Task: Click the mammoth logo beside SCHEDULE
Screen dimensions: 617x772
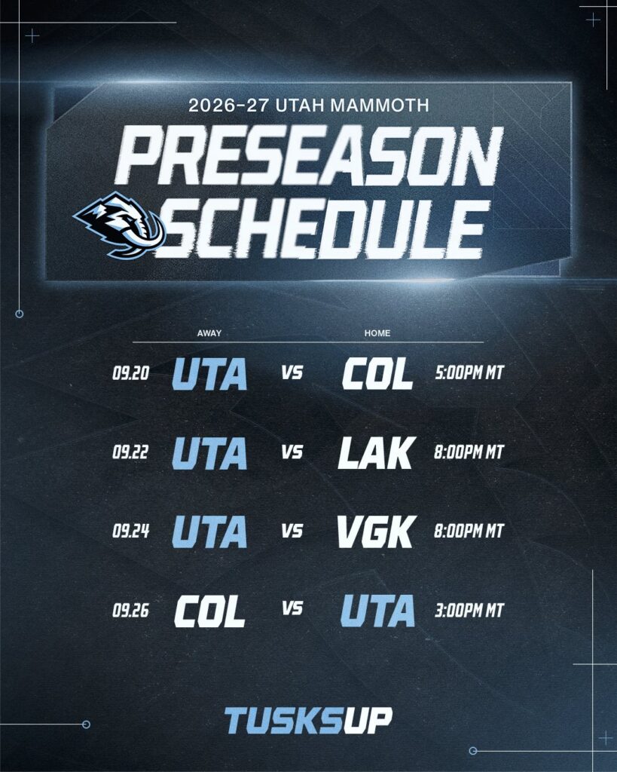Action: tap(119, 225)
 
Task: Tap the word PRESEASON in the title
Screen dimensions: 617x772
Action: tap(309, 155)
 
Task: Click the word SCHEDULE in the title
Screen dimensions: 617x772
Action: tap(322, 230)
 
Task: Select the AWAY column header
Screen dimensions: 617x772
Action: tap(209, 333)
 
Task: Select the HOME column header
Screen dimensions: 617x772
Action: tap(377, 333)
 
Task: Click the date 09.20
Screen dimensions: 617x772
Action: tap(131, 373)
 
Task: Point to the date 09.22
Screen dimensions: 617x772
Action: tap(130, 452)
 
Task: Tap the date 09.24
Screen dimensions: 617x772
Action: tap(131, 531)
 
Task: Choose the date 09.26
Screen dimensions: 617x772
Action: tap(131, 611)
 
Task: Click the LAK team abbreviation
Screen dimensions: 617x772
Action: tap(377, 452)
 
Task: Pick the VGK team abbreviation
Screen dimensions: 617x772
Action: tap(377, 532)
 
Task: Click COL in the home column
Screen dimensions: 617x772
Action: tap(377, 373)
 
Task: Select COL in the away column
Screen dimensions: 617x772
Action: tap(209, 611)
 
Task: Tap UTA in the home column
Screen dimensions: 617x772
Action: tap(377, 611)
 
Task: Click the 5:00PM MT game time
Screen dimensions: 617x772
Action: tap(469, 373)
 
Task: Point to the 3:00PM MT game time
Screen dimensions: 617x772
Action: tap(469, 611)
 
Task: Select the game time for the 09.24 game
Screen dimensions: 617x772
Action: tap(469, 531)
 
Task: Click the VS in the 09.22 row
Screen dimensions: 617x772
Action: tap(292, 452)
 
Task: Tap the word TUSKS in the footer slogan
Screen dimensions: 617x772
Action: tap(283, 721)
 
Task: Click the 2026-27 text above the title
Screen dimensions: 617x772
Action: tap(229, 106)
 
